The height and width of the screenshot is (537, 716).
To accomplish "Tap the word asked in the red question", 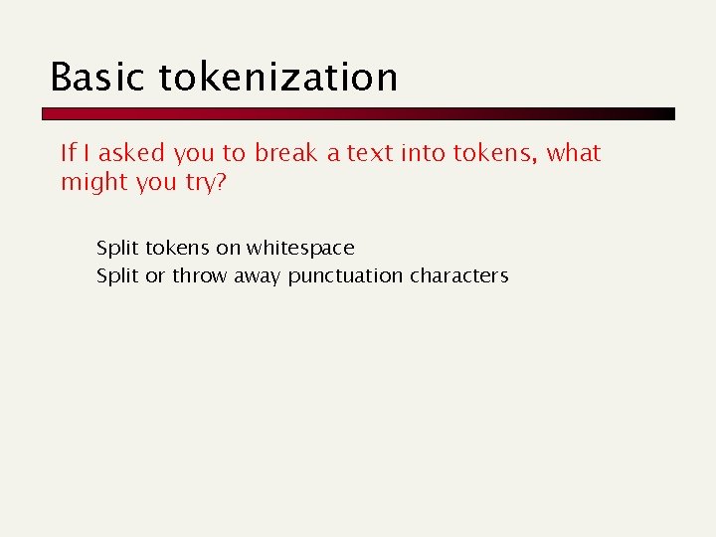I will coord(131,153).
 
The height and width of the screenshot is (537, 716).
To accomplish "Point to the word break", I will coord(286,153).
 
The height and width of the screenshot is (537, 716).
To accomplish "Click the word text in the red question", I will coord(370,153).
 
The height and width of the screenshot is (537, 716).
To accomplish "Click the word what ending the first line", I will coord(575,153).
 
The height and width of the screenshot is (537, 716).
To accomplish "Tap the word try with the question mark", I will coord(206,183).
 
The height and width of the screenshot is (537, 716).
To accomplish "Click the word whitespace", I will coord(300,248).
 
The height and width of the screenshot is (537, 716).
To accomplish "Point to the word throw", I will coord(200,275).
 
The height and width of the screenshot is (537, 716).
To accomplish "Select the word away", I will coord(258,276).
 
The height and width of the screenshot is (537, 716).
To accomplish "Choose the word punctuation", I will coord(345,276).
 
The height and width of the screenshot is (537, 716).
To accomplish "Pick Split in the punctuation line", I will coord(117,276).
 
